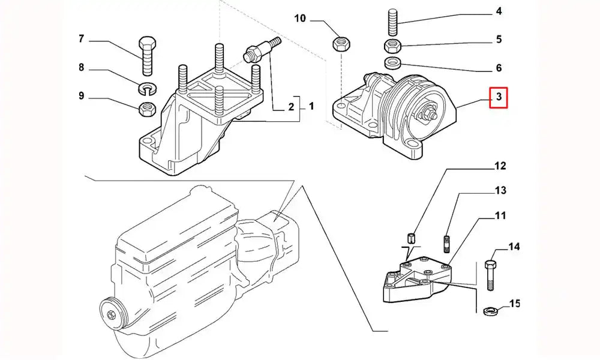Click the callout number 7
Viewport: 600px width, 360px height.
[x=81, y=40]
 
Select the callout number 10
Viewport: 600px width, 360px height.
[x=300, y=19]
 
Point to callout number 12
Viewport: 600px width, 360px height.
[x=500, y=165]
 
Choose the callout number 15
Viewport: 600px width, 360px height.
[x=514, y=304]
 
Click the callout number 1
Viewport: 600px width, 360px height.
[x=311, y=107]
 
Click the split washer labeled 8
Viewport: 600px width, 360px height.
[x=147, y=89]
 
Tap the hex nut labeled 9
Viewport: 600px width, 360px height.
[x=147, y=109]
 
